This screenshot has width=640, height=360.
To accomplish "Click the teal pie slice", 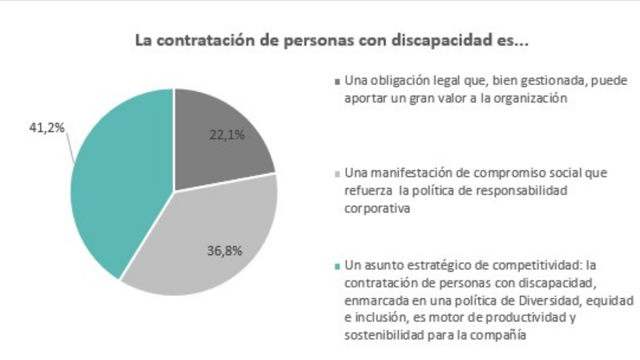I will (120, 188).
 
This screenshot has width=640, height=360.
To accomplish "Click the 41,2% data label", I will (47, 128).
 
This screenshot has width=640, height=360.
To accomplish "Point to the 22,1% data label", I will (227, 135).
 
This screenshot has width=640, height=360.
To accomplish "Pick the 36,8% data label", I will (224, 251).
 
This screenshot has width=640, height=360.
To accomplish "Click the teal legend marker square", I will (338, 266).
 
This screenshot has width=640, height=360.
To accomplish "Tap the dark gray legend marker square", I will (338, 82).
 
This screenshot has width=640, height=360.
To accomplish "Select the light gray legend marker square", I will (338, 174).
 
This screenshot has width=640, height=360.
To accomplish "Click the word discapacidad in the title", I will (444, 40).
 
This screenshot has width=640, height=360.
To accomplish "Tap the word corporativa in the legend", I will (377, 208).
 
